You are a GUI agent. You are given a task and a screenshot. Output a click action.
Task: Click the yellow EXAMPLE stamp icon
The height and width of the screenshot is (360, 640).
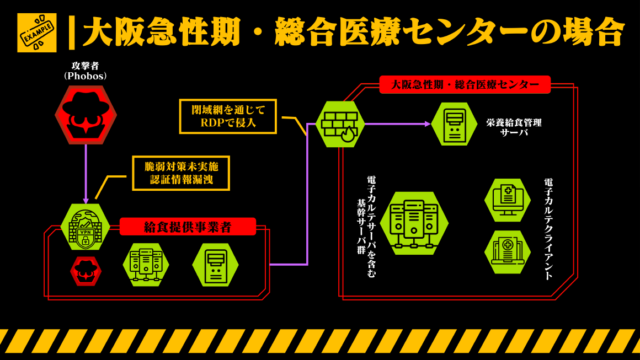coord(36,33)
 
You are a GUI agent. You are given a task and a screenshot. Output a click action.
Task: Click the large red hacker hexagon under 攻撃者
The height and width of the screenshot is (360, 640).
coord(86,115)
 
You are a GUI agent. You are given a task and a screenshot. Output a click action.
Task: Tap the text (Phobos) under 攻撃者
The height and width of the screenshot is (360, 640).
coord(86,76)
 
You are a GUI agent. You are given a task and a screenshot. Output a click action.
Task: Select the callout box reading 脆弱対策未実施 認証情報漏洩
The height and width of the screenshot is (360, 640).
coord(181,173)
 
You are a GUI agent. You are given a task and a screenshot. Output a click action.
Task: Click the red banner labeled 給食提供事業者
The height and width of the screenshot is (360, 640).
coord(188,227)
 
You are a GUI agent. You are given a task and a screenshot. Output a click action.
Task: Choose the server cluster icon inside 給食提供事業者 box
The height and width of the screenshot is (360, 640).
coord(146,265)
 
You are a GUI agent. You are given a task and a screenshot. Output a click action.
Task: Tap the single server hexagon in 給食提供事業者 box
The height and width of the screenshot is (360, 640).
coord(215,265)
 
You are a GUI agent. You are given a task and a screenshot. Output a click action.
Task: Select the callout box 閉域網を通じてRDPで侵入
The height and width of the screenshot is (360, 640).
coord(228,116)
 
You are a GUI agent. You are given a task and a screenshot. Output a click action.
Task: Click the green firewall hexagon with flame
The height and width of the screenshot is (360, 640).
coord(340,124)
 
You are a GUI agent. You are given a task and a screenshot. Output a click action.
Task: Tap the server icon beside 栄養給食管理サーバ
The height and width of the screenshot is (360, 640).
coord(454,124)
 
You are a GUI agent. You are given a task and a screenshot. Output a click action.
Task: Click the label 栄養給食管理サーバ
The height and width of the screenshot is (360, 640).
coord(514,127)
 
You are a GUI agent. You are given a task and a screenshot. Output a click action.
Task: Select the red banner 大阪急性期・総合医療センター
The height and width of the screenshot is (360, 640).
coord(465,84)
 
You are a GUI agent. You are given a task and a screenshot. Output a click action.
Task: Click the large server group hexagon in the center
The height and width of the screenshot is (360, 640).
coord(414,223)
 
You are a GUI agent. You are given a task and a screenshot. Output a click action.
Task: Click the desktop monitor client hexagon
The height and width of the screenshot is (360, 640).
coord(507,200)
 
